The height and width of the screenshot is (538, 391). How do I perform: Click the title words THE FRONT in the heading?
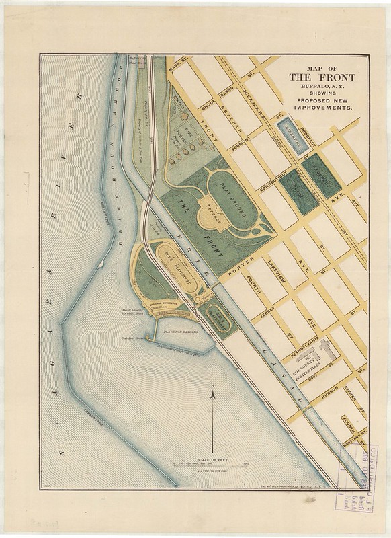click(x=322, y=77)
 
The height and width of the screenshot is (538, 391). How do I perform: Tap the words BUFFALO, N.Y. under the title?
click(x=322, y=87)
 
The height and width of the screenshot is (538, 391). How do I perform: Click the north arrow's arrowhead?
click(x=213, y=396)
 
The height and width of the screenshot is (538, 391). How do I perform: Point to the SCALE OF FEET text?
click(x=213, y=458)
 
